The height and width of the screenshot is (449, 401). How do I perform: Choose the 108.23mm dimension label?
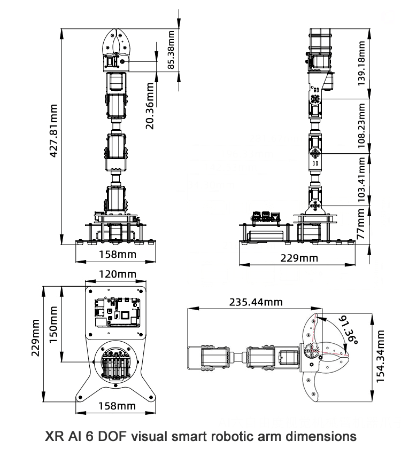coord(362,125)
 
